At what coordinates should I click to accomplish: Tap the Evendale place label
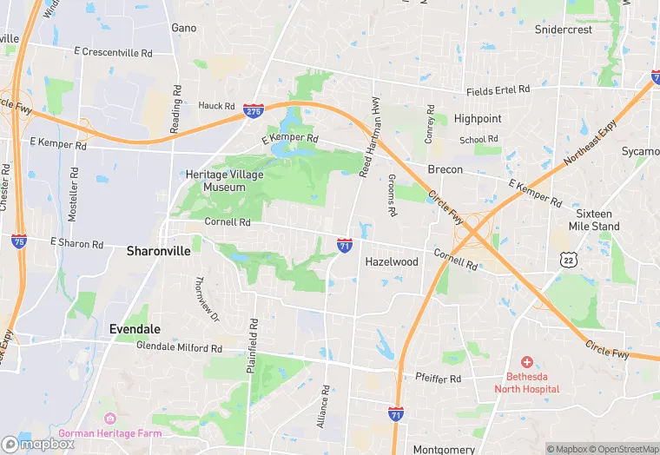pos(135,329)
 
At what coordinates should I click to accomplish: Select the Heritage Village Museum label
pos(224,180)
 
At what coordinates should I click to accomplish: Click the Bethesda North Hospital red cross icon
pos(526,361)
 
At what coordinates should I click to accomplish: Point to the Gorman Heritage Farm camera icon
pos(109,419)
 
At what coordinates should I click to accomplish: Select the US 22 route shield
pos(568,259)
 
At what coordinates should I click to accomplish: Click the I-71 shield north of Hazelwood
pos(345,246)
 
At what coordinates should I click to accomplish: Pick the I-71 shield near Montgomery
pos(396,414)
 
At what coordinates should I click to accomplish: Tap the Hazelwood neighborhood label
pos(392,261)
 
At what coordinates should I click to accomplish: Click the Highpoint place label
pos(477,118)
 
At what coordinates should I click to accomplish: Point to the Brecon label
pos(445,169)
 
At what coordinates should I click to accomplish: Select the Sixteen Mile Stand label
pos(594,220)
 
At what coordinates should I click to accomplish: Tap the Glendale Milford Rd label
pos(180,347)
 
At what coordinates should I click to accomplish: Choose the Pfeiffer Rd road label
pos(438,379)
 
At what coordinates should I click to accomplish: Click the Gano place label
pos(184,28)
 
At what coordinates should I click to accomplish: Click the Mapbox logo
pos(38,444)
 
